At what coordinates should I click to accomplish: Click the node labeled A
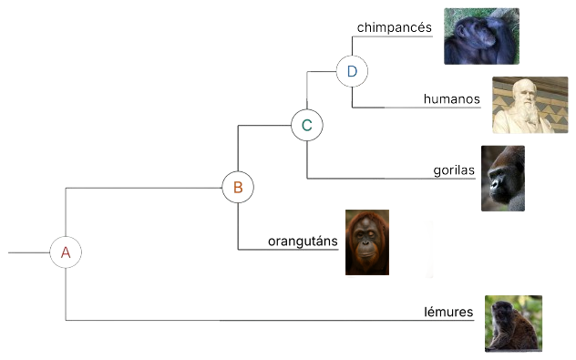click(x=66, y=252)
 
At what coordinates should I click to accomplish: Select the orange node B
click(x=237, y=188)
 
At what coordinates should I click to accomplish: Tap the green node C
click(x=307, y=125)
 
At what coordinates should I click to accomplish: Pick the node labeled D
click(x=352, y=70)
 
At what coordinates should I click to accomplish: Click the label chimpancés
click(x=395, y=28)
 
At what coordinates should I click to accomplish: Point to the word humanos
click(x=451, y=98)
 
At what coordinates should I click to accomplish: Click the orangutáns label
click(x=303, y=242)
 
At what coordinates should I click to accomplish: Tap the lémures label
click(x=448, y=313)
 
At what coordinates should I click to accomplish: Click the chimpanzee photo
click(x=481, y=36)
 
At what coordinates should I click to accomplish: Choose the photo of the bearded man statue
click(x=530, y=105)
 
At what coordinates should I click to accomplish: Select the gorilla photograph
click(x=503, y=178)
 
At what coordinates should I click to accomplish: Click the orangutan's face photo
click(x=367, y=243)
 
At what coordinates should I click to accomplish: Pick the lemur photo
click(x=513, y=323)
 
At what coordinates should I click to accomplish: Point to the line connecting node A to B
click(x=137, y=188)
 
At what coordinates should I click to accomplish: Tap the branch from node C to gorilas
click(x=365, y=178)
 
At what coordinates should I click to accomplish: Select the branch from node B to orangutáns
click(x=238, y=228)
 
